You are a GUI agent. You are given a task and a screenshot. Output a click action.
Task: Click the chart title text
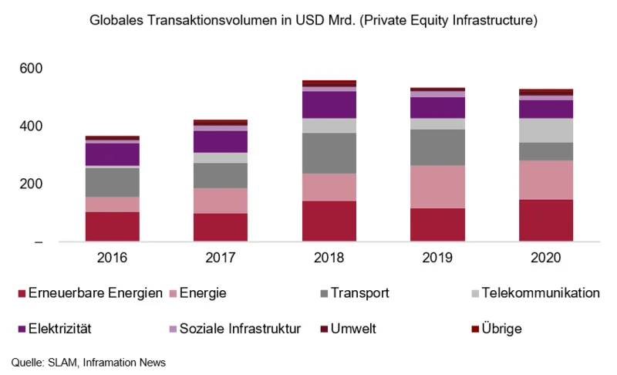click(x=308, y=22)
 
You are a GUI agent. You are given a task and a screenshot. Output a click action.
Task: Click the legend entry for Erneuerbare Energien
click(x=89, y=293)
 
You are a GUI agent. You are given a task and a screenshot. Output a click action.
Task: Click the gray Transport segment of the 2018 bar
click(x=329, y=153)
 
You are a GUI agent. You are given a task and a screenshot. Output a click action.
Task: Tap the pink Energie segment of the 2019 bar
click(x=437, y=187)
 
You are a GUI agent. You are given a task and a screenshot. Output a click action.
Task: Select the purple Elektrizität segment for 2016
click(x=112, y=154)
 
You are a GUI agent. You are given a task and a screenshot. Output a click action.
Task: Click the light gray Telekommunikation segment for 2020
click(x=545, y=130)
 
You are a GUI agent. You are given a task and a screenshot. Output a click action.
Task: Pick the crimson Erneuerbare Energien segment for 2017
click(x=221, y=228)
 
